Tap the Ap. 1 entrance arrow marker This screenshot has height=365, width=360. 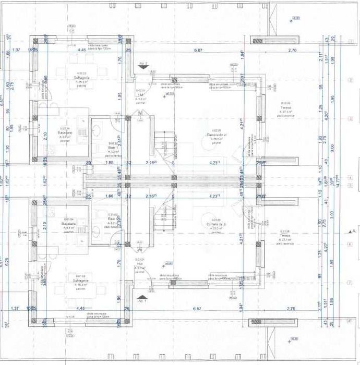141,300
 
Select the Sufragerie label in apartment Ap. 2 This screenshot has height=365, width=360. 82,77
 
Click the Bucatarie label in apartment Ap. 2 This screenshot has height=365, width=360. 64,133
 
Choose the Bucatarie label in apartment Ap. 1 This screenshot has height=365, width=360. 69,223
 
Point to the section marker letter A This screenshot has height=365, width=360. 354,230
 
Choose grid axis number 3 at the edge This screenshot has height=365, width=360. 348,118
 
